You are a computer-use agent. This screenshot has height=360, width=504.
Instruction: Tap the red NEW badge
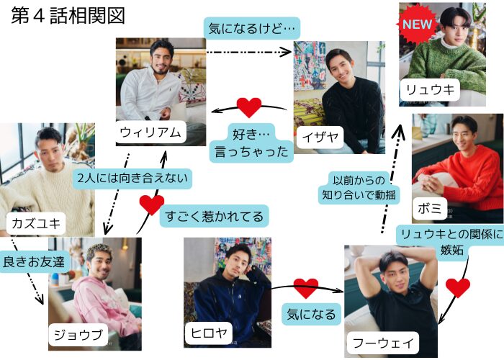[415, 24]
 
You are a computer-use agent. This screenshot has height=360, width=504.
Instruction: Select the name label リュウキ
[431, 90]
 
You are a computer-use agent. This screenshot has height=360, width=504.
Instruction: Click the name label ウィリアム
[151, 132]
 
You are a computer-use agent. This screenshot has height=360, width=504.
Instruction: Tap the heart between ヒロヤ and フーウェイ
[305, 288]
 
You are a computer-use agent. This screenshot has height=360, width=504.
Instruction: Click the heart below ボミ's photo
[457, 287]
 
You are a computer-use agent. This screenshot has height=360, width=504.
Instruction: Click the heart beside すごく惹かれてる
[151, 204]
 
